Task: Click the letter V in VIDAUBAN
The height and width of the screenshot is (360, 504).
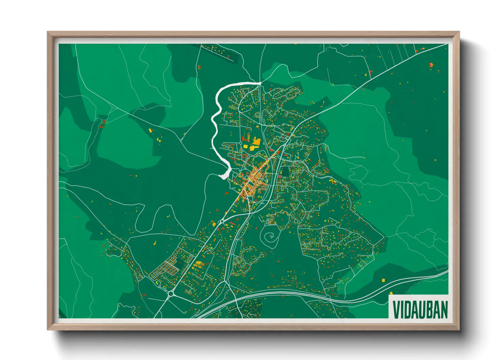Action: click(396, 310)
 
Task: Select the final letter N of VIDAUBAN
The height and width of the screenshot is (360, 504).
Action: click(443, 310)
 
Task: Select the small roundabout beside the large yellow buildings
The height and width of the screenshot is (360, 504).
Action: click(240, 143)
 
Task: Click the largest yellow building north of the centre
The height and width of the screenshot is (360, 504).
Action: click(256, 142)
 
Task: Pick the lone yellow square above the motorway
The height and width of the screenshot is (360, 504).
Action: click(383, 280)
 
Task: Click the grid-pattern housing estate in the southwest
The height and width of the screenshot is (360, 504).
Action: click(165, 269)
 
